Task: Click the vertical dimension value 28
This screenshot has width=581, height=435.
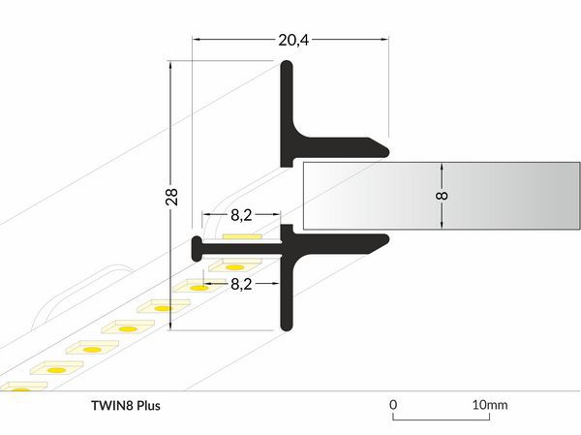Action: tap(171, 197)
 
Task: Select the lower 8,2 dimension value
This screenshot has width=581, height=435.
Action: tap(241, 285)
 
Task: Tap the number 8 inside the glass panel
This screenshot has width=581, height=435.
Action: tap(443, 197)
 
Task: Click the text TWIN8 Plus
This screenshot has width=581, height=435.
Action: tap(123, 404)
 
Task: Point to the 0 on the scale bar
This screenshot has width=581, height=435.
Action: tap(393, 404)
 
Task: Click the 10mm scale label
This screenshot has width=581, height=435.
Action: tap(489, 404)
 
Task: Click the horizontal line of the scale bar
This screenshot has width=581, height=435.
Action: tap(441, 419)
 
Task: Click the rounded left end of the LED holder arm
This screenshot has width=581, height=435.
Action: tap(197, 248)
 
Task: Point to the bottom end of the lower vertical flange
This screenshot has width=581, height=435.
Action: tap(288, 327)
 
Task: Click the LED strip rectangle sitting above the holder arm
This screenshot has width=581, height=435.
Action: tap(241, 236)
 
